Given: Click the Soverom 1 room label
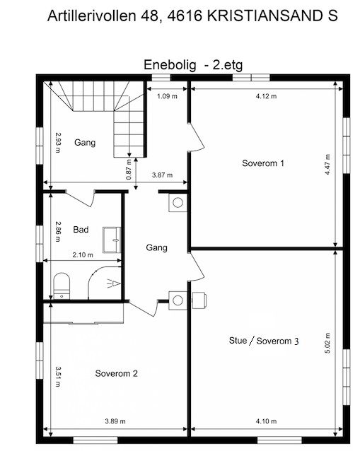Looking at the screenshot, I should click(263, 163).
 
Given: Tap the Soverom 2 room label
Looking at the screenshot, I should click(116, 373).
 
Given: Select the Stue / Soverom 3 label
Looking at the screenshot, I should click(264, 340).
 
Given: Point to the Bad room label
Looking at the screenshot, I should click(80, 230).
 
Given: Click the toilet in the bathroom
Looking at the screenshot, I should click(62, 285).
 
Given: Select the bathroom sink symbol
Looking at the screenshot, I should click(112, 239).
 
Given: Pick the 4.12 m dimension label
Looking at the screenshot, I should click(266, 96).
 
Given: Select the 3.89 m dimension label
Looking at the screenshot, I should click(115, 421).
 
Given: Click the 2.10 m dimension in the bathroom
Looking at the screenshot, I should click(83, 255).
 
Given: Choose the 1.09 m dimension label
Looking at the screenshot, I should click(167, 96).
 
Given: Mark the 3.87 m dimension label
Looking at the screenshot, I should click(163, 175).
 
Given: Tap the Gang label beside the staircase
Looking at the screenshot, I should click(84, 142).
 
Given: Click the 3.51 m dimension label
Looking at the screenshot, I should click(58, 375).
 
